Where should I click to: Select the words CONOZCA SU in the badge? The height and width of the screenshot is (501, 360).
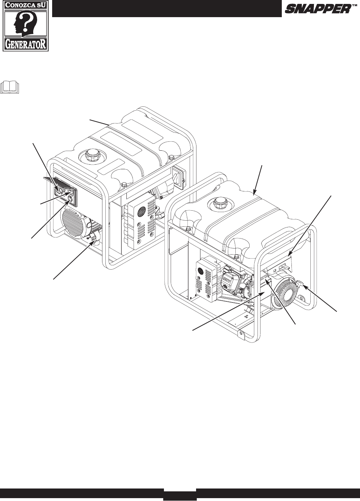click(x=25, y=5)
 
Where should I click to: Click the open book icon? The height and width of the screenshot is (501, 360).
click(x=10, y=87)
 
